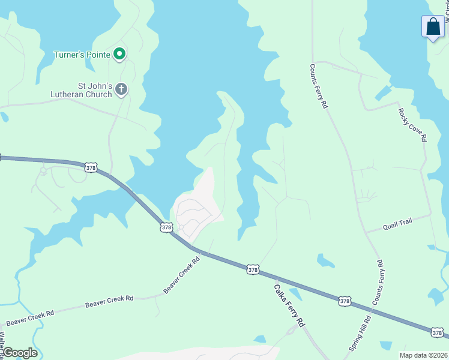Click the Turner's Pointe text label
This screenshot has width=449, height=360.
click(x=82, y=55)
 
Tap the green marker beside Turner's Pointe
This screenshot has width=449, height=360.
click(x=119, y=55)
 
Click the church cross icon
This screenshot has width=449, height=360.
click(x=121, y=90)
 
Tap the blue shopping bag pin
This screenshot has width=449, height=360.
click(x=433, y=27)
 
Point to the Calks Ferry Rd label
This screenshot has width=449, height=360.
click(x=289, y=305)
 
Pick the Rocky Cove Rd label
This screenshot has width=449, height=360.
click(x=412, y=124)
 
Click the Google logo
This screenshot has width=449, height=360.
click(x=19, y=353)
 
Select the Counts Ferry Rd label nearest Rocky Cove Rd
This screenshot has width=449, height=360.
click(x=318, y=86)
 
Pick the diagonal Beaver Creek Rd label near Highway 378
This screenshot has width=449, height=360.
click(x=181, y=275)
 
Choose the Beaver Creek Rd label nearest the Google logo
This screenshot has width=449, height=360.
click(x=30, y=313)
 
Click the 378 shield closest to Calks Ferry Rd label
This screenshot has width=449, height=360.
click(x=253, y=270)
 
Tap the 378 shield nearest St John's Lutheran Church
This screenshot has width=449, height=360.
click(x=90, y=168)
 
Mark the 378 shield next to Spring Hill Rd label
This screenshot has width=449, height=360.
click(x=344, y=301)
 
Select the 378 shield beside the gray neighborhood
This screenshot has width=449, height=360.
click(x=166, y=227)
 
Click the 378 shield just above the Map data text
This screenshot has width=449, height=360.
click(x=438, y=332)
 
